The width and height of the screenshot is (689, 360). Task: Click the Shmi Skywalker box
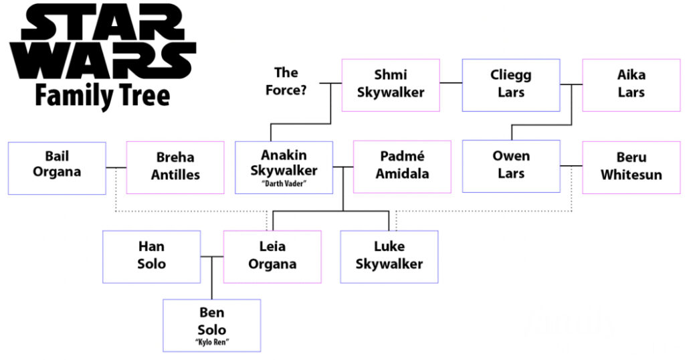[x=391, y=85]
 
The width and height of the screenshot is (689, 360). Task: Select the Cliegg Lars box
[x=510, y=85]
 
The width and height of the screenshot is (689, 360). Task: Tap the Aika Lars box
[x=631, y=85]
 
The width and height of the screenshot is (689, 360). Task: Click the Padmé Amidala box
[x=402, y=167]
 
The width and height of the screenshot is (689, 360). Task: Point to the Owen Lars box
[x=511, y=166]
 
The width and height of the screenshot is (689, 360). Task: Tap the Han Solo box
[x=151, y=256]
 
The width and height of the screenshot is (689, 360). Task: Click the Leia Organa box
[x=272, y=256]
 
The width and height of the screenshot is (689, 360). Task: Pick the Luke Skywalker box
[x=389, y=256]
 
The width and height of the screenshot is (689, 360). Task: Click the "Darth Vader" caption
[x=284, y=184]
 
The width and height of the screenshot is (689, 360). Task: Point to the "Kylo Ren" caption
[x=212, y=343]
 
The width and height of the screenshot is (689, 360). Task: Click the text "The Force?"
[x=290, y=81]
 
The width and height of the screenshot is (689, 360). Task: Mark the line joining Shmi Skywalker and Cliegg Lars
[x=451, y=84]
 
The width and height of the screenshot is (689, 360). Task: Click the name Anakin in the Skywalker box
[x=284, y=156]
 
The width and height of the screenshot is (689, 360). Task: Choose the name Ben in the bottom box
[x=212, y=312]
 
